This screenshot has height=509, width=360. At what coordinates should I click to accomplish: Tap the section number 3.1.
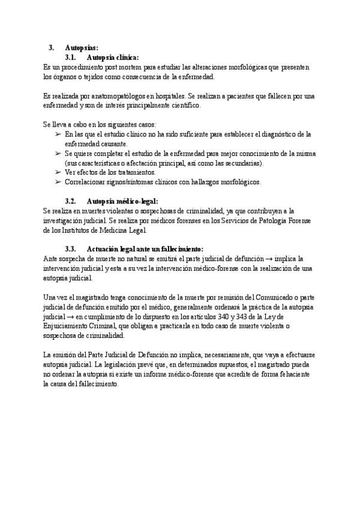[x=72, y=58]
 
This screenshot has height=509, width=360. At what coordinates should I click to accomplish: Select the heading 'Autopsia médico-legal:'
[x=122, y=201]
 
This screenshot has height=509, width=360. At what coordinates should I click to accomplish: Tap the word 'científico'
[x=183, y=106]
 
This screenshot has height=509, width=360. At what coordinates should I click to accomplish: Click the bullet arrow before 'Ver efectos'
[x=58, y=173]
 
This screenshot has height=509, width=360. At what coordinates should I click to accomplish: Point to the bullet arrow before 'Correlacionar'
[x=58, y=182]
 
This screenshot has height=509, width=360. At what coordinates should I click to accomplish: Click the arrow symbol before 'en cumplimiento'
[x=71, y=317]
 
